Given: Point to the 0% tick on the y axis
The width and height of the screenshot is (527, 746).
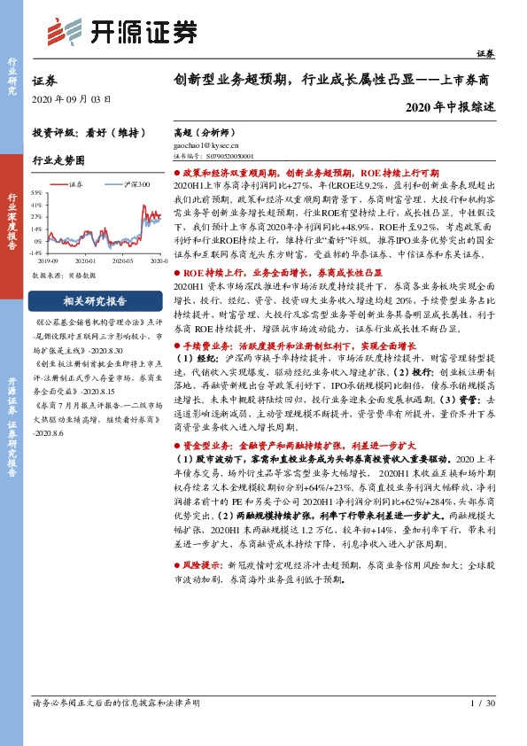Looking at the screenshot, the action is [37, 240].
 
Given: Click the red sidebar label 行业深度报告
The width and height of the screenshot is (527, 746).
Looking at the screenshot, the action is [13, 221].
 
